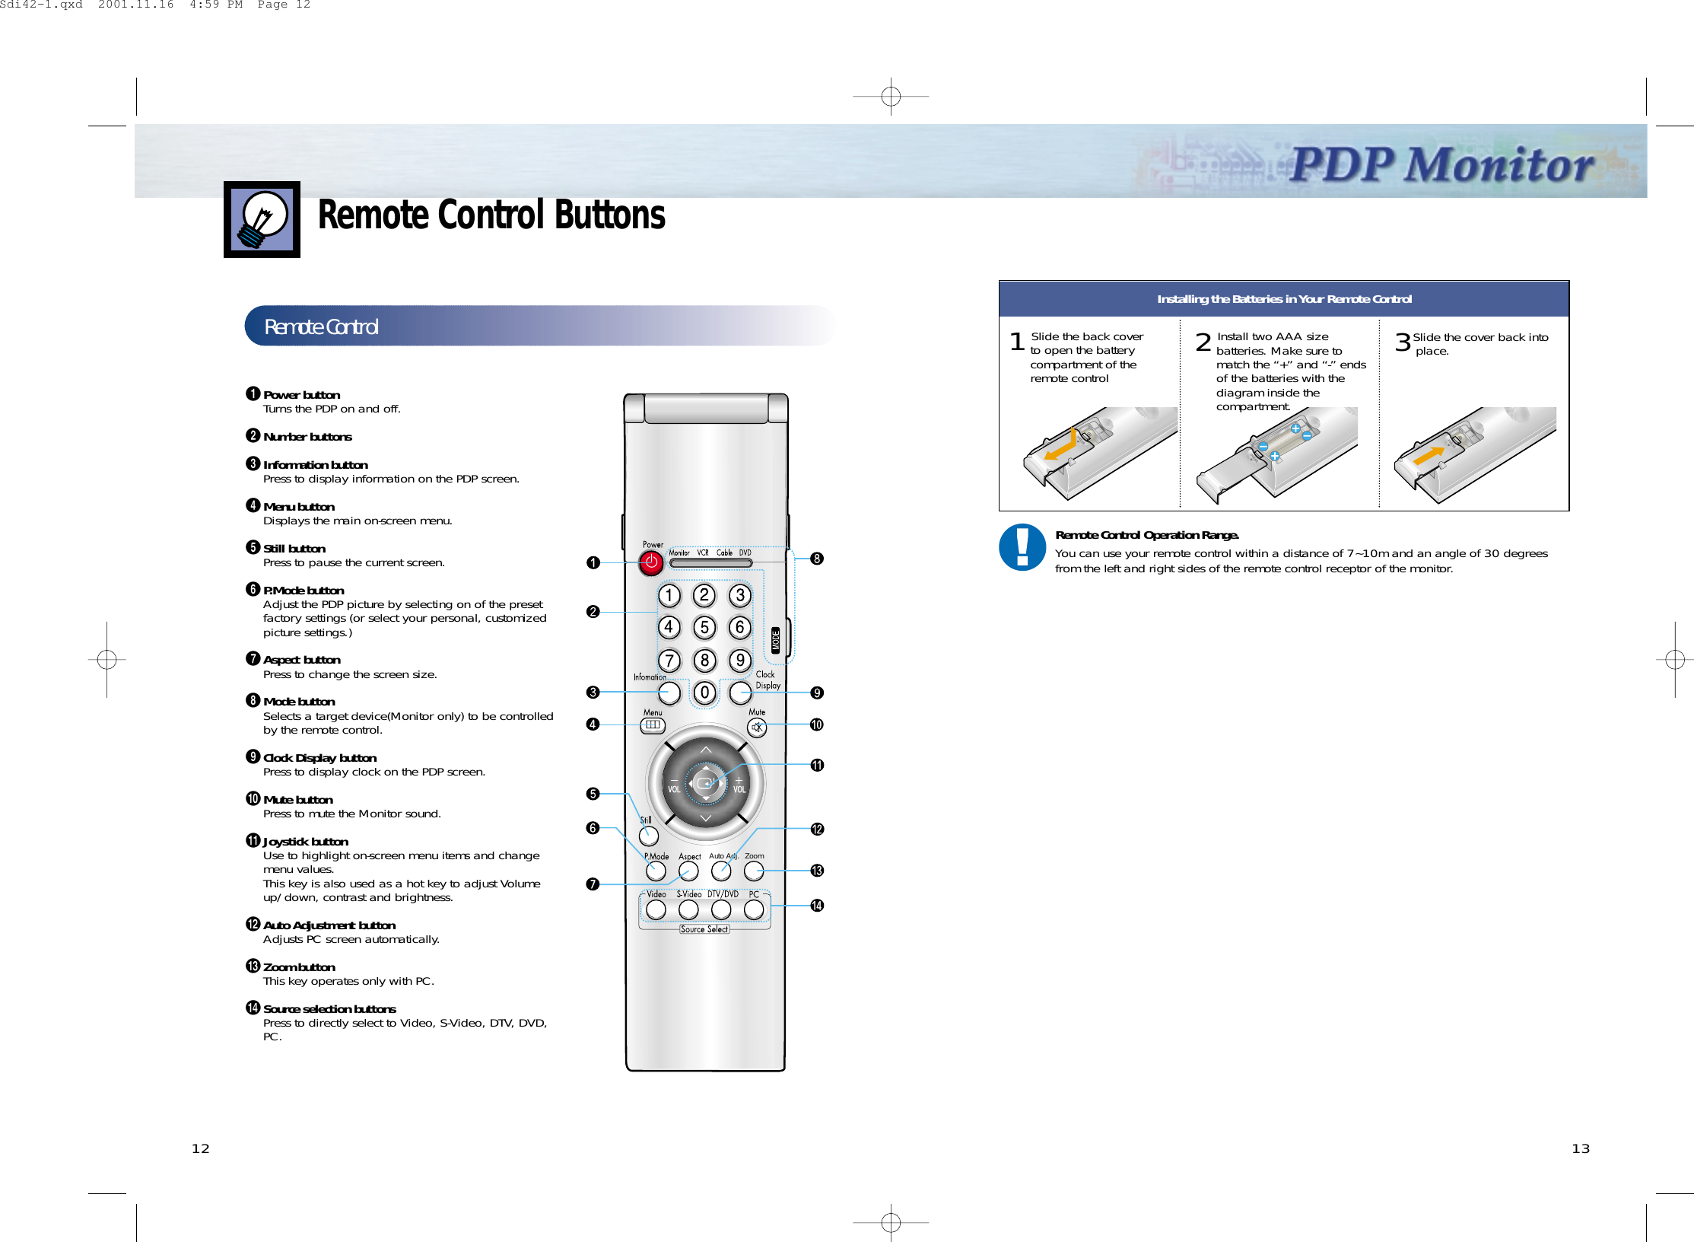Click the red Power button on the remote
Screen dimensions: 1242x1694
(x=651, y=563)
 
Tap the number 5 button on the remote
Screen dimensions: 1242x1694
(x=704, y=628)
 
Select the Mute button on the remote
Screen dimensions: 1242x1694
(x=757, y=728)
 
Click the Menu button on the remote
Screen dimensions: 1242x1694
(x=652, y=725)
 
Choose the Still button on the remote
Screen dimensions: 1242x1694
(x=649, y=836)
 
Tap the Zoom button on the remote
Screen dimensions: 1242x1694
(x=754, y=871)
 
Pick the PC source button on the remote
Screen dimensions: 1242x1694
(x=754, y=909)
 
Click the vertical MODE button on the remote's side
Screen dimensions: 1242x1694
(x=776, y=640)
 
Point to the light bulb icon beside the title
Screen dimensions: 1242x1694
(x=262, y=219)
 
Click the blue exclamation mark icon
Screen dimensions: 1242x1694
(x=1022, y=546)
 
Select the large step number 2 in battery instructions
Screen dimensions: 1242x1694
(x=1203, y=342)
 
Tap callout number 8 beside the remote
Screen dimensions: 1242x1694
(x=817, y=559)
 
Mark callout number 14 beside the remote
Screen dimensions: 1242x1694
(x=817, y=906)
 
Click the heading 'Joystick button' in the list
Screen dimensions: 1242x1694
(x=306, y=841)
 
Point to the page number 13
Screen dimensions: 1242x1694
(x=1580, y=1148)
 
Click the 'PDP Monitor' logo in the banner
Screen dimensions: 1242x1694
(x=1441, y=164)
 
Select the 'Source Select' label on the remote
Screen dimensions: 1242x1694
(x=704, y=929)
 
